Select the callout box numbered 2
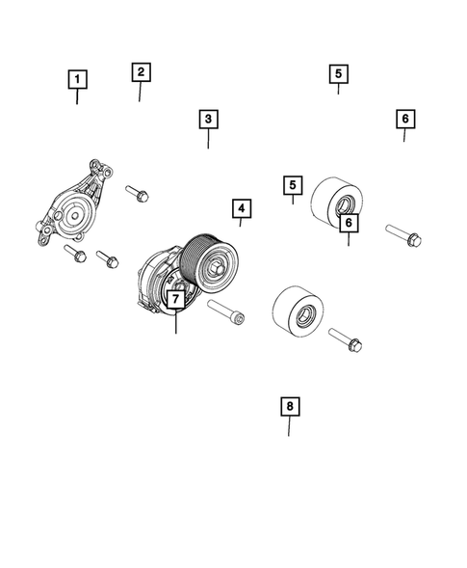[140, 71]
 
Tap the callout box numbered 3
[208, 120]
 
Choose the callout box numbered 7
[175, 299]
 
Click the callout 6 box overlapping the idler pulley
[349, 222]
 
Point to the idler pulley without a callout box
[298, 311]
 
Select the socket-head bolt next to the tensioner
[224, 312]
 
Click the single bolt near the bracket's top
[137, 192]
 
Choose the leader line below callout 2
[140, 92]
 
